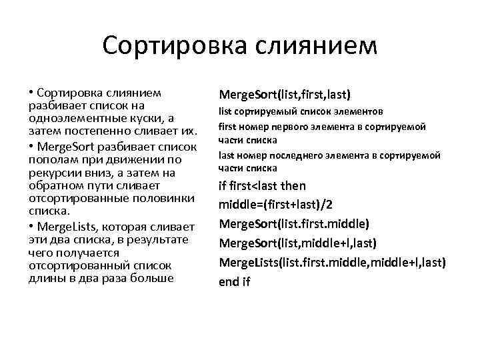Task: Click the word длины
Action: click(x=44, y=279)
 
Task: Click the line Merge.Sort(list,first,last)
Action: click(x=285, y=93)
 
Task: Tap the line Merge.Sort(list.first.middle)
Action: click(x=294, y=223)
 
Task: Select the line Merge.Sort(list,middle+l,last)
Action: click(x=298, y=243)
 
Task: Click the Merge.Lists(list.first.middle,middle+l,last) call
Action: click(x=332, y=262)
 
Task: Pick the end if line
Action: click(x=234, y=281)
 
